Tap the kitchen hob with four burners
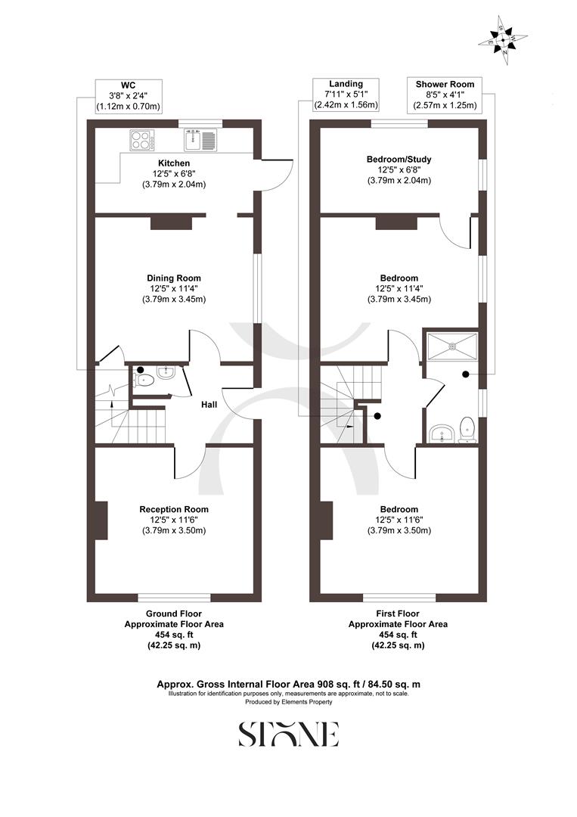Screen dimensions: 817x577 pyautogui.click(x=142, y=139)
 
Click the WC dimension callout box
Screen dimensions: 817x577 pyautogui.click(x=128, y=95)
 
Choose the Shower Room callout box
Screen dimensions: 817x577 pyautogui.click(x=444, y=95)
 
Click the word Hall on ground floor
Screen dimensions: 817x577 pyautogui.click(x=209, y=405)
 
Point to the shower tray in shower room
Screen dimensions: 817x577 pyautogui.click(x=451, y=346)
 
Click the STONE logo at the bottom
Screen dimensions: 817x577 pyautogui.click(x=288, y=735)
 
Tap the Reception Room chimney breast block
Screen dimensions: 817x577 pyautogui.click(x=101, y=520)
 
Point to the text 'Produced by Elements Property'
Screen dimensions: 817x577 pyautogui.click(x=288, y=702)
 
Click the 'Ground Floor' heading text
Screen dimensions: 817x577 pyautogui.click(x=174, y=614)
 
